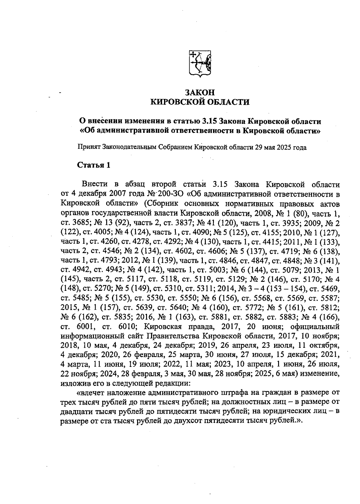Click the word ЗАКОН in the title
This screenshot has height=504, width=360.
(200, 92)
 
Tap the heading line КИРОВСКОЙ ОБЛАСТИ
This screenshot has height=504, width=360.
(200, 102)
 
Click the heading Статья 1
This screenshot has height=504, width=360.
(94, 165)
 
